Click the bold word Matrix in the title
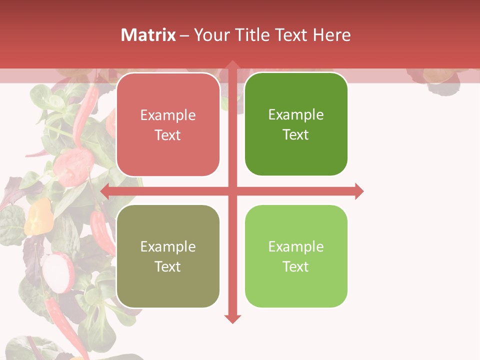click(148, 35)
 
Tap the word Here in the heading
click(332, 35)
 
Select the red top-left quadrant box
click(168, 125)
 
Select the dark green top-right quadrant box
click(296, 124)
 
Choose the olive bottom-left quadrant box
click(168, 256)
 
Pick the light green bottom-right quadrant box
click(296, 256)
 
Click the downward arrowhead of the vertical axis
click(232, 318)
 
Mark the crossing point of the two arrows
click(232, 191)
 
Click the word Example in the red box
click(168, 115)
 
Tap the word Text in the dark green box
click(296, 134)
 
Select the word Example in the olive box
click(168, 246)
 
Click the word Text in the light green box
click(296, 266)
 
